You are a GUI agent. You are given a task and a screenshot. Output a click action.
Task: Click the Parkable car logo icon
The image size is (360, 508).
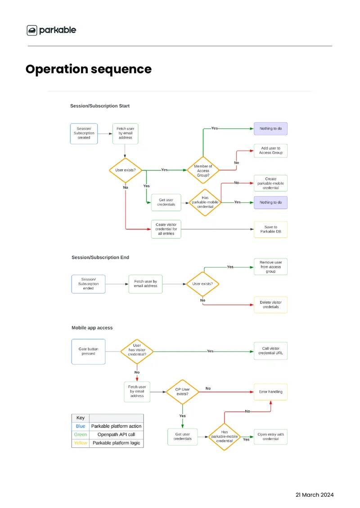[x=32, y=30]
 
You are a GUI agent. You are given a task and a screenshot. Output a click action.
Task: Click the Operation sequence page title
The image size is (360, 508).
[x=89, y=69]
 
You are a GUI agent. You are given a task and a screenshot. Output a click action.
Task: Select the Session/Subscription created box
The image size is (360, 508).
[x=84, y=134]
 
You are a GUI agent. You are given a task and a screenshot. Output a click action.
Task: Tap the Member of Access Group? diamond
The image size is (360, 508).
[x=203, y=170]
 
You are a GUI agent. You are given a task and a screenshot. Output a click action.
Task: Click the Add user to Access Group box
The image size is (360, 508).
[x=270, y=151]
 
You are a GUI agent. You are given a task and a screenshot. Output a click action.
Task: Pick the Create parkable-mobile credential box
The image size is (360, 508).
[x=270, y=183]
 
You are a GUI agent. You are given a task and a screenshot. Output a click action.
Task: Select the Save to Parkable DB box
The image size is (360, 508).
[x=270, y=229]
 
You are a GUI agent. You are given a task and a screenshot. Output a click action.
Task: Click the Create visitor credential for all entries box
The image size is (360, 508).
[x=166, y=229]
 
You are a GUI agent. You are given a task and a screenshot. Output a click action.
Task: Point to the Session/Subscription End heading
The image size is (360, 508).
[x=100, y=257]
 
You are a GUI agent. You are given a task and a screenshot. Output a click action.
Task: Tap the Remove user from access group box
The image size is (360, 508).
[x=270, y=267]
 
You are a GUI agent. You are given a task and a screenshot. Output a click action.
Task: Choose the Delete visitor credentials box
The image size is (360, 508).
[x=270, y=304]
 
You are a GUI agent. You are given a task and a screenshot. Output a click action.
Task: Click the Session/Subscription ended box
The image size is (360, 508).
[x=88, y=284]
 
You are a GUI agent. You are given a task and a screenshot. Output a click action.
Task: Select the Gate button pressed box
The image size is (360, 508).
[x=88, y=352]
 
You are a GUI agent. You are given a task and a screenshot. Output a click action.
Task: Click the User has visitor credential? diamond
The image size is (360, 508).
[x=137, y=352]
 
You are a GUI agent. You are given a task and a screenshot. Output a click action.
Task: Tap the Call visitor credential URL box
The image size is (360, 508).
[x=270, y=351]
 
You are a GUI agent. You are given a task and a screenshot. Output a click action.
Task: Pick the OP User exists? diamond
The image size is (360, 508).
[x=182, y=392]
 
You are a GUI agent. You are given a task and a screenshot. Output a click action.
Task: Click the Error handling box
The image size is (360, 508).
[x=270, y=392]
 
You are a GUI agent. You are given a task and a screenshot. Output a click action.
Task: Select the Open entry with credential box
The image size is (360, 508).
[x=270, y=437]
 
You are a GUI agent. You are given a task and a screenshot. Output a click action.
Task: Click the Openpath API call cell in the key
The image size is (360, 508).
[x=116, y=434]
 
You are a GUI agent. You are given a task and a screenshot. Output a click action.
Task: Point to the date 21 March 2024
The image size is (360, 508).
[x=315, y=495]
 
